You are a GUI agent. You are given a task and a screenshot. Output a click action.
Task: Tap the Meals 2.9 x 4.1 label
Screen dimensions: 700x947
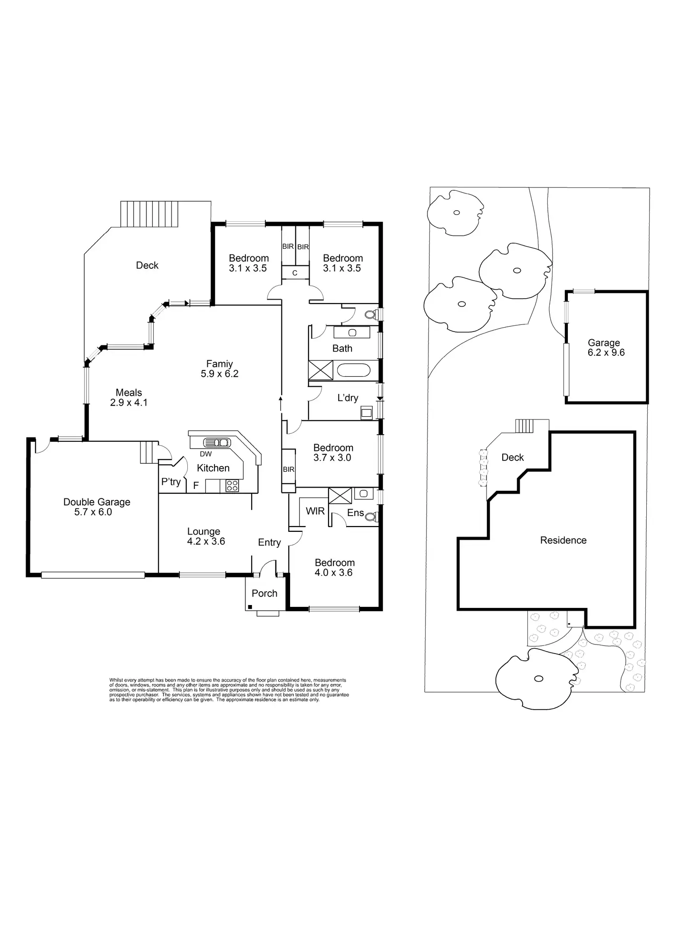(129, 398)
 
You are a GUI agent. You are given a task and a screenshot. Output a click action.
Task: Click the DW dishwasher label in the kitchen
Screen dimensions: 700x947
(206, 454)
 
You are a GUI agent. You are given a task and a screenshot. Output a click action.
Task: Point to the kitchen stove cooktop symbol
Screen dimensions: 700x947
(232, 486)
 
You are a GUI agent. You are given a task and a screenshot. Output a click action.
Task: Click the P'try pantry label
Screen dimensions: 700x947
(171, 482)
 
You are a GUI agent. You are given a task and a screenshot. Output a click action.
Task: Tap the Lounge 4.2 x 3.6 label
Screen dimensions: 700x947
(205, 537)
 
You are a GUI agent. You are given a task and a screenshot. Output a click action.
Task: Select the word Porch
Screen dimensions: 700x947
(264, 594)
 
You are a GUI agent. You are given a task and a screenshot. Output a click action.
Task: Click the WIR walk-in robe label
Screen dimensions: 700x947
(315, 511)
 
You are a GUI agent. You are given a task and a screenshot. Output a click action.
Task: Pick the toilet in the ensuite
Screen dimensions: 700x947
(371, 517)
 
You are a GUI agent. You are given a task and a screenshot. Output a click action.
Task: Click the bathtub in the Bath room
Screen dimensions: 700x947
(353, 371)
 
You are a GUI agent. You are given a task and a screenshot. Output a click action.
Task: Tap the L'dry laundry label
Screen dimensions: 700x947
(348, 398)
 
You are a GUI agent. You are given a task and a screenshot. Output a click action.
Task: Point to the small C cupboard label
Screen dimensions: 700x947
(295, 273)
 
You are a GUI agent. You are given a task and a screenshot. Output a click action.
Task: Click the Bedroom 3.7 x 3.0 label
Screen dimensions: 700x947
(333, 453)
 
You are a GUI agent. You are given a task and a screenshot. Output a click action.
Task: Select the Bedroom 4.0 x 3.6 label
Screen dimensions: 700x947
(334, 568)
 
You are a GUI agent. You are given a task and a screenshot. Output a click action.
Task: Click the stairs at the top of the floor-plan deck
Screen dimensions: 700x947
(149, 214)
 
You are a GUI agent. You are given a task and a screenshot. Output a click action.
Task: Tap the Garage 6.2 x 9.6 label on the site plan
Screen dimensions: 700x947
(605, 348)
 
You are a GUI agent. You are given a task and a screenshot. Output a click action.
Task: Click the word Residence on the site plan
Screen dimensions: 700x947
(564, 540)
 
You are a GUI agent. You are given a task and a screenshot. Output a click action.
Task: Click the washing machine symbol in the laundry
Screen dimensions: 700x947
(366, 412)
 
